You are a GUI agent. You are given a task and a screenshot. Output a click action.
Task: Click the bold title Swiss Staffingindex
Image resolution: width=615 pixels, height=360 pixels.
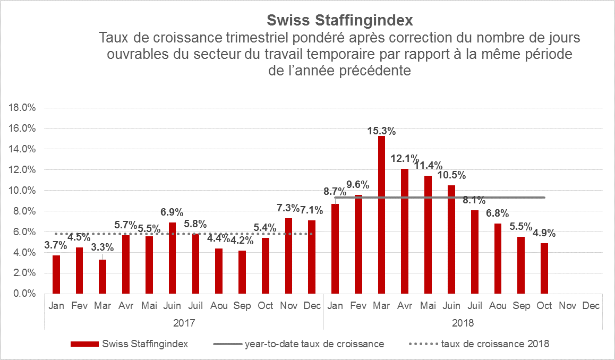339,21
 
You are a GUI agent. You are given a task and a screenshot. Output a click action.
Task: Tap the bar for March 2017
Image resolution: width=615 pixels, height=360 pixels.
102,276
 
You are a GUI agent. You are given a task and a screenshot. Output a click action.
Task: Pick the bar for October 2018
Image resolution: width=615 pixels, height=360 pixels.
544,268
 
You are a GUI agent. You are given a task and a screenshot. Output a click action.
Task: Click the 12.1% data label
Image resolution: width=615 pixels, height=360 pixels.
405,159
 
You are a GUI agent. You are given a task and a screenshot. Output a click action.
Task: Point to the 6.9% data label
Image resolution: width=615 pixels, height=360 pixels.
172,212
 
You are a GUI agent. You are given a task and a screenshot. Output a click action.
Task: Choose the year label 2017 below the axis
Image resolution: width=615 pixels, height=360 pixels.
184,323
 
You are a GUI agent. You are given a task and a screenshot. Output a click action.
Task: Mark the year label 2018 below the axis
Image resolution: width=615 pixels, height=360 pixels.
463,323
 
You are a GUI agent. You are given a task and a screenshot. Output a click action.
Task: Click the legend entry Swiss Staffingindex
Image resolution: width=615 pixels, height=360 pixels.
130,344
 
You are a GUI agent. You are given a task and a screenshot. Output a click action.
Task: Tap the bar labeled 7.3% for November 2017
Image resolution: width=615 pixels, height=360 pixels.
288,255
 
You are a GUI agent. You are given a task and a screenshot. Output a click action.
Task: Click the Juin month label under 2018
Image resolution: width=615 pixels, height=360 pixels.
451,306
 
